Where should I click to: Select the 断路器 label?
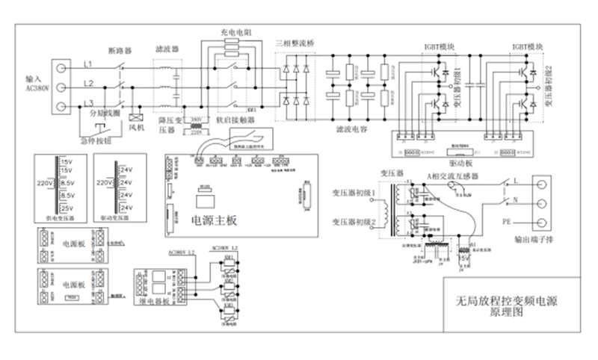pyautogui.click(x=120, y=51)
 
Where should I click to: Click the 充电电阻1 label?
pyautogui.click(x=235, y=33)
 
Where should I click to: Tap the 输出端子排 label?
pyautogui.click(x=536, y=240)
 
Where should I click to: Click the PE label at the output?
pyautogui.click(x=507, y=223)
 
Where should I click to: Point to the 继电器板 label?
pyautogui.click(x=152, y=304)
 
